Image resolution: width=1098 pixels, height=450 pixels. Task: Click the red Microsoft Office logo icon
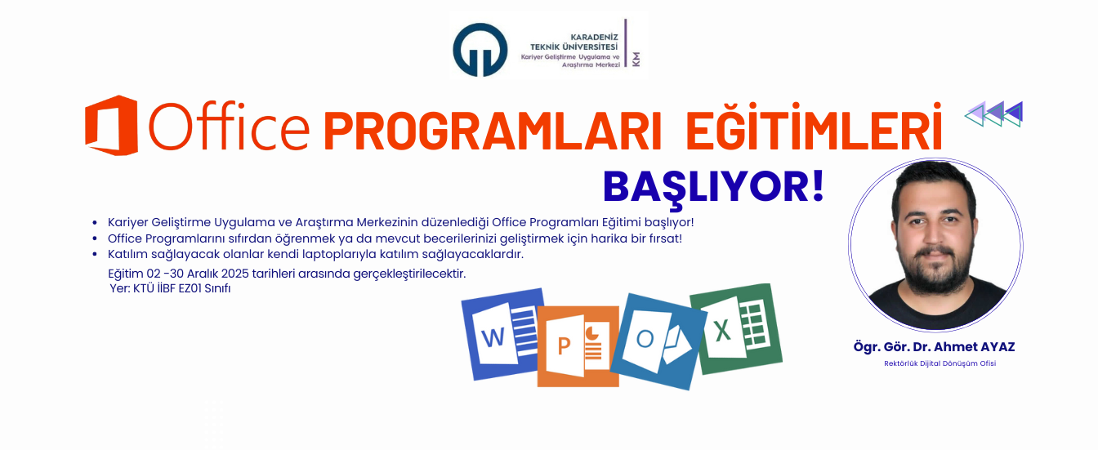click(x=111, y=125)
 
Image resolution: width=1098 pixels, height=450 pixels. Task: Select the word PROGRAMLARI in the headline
click(x=492, y=130)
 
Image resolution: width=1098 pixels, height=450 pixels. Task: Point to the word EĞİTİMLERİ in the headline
click(x=813, y=130)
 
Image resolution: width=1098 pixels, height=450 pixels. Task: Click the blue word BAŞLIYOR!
click(x=713, y=187)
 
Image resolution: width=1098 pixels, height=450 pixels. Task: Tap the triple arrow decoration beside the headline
click(x=994, y=114)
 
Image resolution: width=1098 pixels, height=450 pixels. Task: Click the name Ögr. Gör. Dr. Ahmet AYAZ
click(x=934, y=347)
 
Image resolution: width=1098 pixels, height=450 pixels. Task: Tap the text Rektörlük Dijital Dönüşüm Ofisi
click(x=940, y=364)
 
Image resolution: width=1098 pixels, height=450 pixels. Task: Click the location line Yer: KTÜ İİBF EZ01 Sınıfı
click(x=170, y=289)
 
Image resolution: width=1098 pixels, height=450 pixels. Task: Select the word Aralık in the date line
click(x=207, y=273)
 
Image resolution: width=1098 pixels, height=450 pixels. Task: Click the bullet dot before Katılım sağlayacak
click(x=96, y=255)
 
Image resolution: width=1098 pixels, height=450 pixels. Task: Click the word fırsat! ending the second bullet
click(x=663, y=238)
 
